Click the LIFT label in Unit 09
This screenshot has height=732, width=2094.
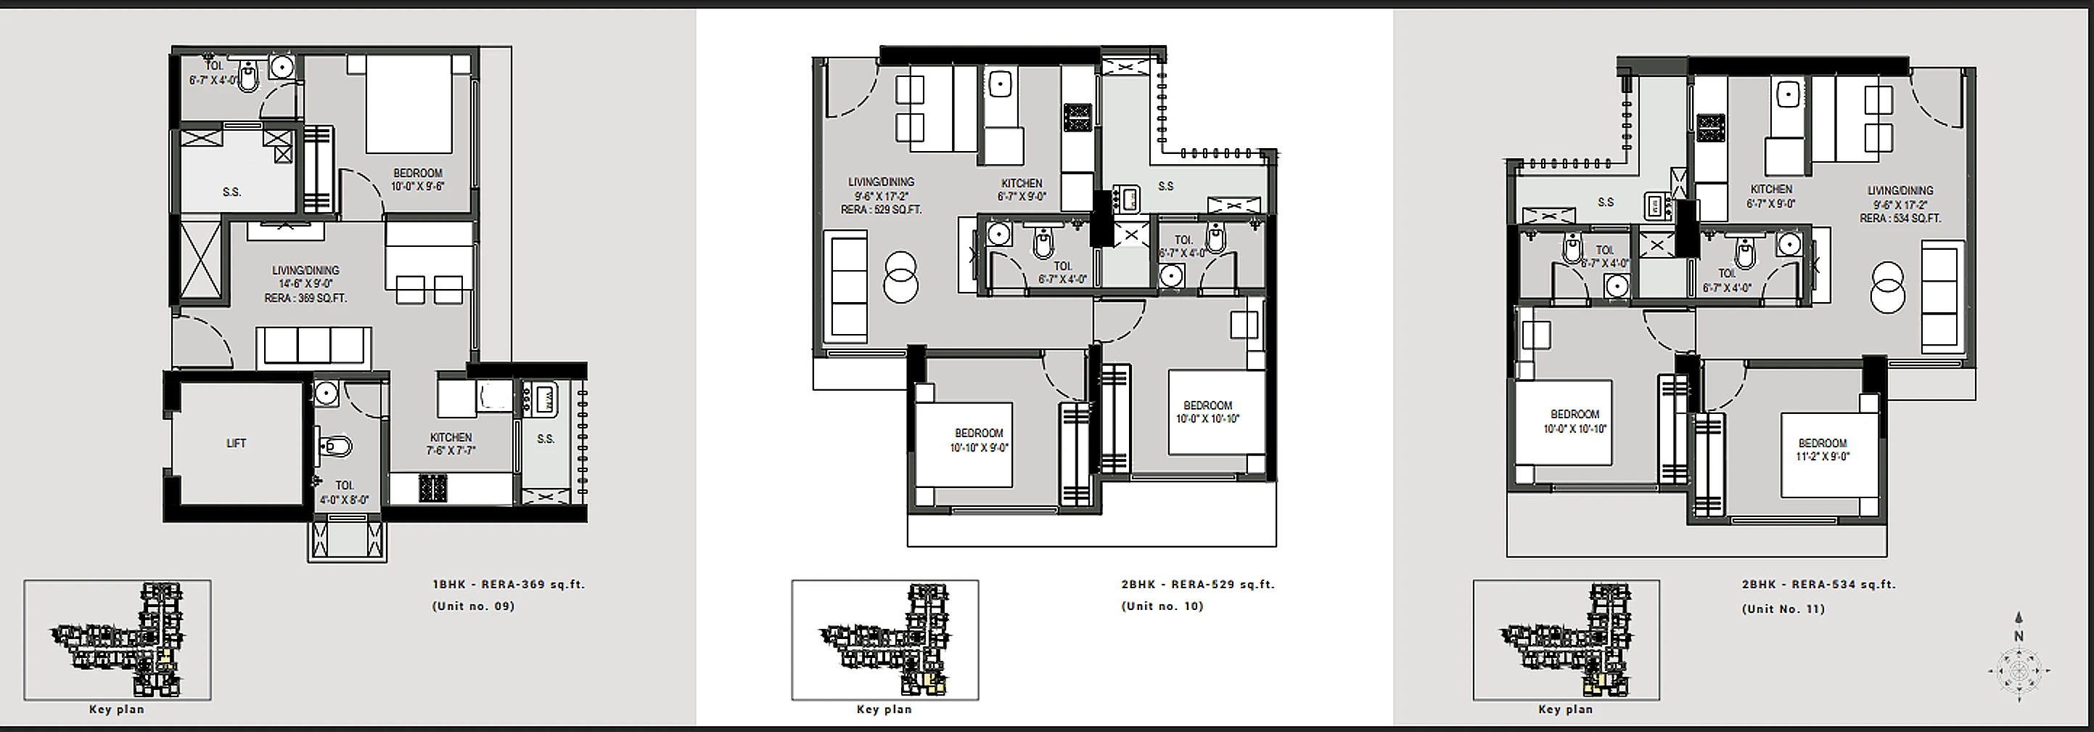pyautogui.click(x=236, y=443)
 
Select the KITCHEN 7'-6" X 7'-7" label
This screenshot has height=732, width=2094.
pyautogui.click(x=451, y=443)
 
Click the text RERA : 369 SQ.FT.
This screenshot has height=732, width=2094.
pyautogui.click(x=305, y=298)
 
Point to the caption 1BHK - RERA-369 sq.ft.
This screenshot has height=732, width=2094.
pyautogui.click(x=509, y=584)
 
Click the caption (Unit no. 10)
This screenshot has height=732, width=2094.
pyautogui.click(x=1162, y=606)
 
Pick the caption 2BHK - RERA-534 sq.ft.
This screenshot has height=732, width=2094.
pyautogui.click(x=1818, y=584)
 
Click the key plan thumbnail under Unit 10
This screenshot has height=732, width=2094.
pyautogui.click(x=885, y=639)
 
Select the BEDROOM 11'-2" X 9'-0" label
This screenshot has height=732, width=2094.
pyautogui.click(x=1823, y=450)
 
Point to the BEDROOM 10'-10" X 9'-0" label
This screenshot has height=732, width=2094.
pyautogui.click(x=980, y=440)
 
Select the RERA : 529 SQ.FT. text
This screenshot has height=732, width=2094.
pyautogui.click(x=881, y=210)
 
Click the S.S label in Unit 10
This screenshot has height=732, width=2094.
pyautogui.click(x=1166, y=186)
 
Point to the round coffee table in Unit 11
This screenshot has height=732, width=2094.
pyautogui.click(x=1887, y=287)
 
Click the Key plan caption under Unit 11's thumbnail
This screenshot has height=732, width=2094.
pyautogui.click(x=1566, y=709)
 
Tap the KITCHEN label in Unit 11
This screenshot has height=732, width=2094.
pyautogui.click(x=1771, y=190)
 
